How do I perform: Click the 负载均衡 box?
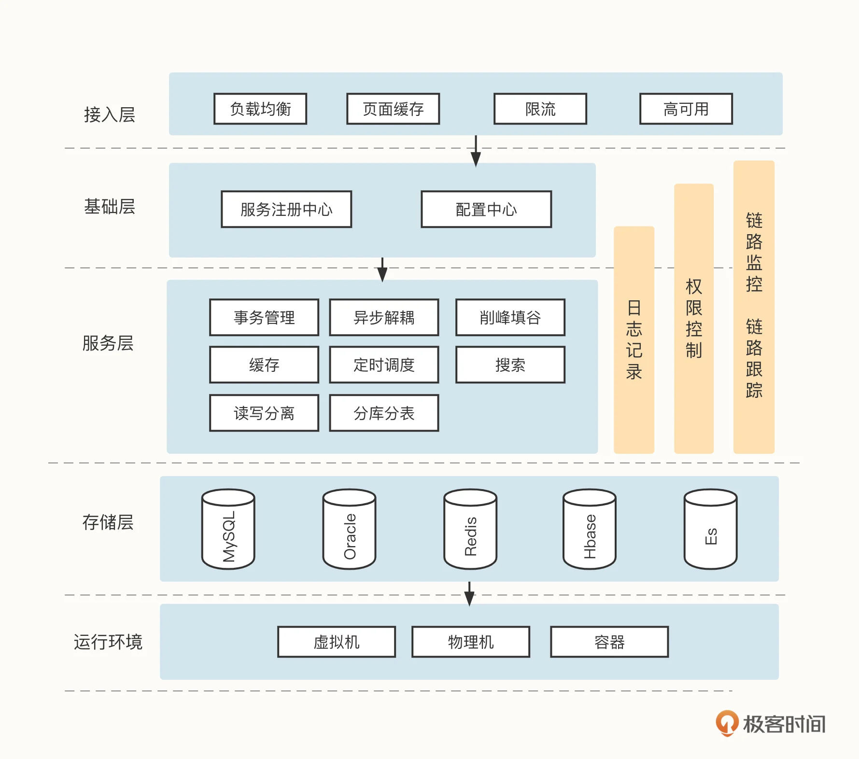click(260, 109)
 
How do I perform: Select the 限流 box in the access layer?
click(540, 109)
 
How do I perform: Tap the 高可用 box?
click(686, 109)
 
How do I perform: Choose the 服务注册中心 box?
click(286, 210)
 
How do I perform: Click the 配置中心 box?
click(486, 210)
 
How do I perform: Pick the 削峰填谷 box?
click(510, 318)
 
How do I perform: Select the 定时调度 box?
click(384, 365)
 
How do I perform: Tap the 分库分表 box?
click(384, 413)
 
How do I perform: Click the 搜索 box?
click(510, 365)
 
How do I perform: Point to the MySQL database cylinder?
click(228, 529)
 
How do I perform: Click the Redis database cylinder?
click(470, 529)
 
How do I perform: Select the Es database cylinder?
click(710, 529)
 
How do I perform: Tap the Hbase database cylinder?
click(590, 529)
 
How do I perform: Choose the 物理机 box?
click(471, 642)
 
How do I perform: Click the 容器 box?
click(609, 642)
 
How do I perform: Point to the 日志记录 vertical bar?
click(634, 340)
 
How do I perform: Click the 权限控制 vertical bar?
click(694, 319)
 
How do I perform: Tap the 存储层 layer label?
click(108, 522)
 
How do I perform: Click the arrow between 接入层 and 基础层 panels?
click(476, 151)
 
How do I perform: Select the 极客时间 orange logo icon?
click(727, 723)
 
